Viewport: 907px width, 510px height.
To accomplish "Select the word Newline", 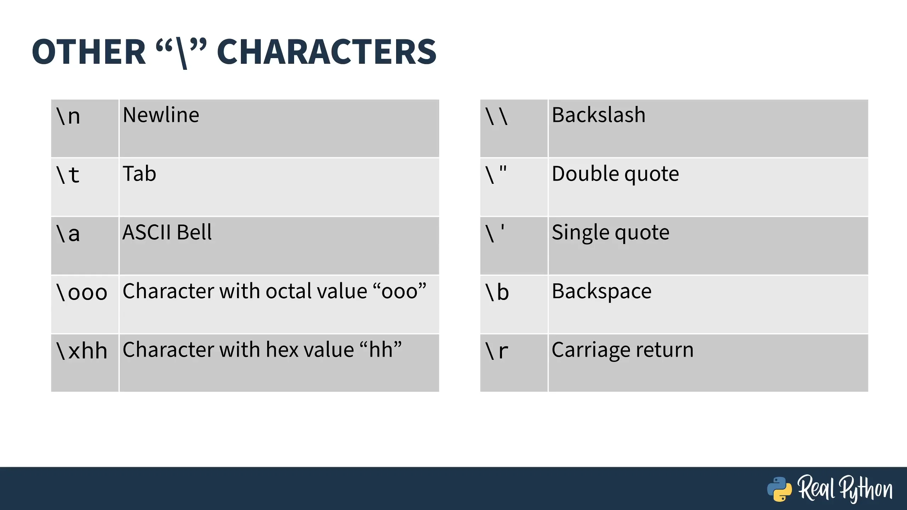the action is [161, 115].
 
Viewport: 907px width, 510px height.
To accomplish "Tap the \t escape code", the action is [68, 175].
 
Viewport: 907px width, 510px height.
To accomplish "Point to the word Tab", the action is [139, 174].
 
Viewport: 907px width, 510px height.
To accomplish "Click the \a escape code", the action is [68, 233].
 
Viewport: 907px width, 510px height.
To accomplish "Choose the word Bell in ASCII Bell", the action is [194, 232].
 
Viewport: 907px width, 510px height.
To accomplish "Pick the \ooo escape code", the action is [81, 292].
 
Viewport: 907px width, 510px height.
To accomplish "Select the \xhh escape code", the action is [81, 351].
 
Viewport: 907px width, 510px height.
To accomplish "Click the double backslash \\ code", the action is [497, 116].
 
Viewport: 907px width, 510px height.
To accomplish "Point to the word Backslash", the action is [599, 115].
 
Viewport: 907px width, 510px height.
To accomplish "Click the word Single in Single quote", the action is [581, 233].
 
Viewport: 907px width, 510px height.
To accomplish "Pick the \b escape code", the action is [497, 292].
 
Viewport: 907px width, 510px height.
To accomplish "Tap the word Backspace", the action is [602, 292].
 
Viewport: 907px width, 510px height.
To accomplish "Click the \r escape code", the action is [497, 351].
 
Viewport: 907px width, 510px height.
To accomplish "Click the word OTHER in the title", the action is [89, 52].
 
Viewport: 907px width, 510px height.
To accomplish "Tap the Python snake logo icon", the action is [779, 489].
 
